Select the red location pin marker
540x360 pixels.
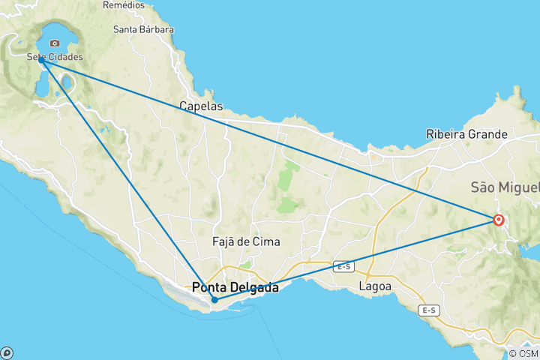498,220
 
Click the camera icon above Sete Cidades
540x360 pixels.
54,43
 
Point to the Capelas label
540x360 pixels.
201,106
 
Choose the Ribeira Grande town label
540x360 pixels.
466,134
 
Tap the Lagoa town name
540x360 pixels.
375,286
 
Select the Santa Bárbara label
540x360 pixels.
143,30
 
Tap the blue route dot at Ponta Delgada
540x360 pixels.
214,300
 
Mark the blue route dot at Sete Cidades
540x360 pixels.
42,60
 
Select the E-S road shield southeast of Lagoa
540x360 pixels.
429,310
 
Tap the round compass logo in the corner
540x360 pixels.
7,352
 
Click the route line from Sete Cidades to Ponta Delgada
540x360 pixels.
127,180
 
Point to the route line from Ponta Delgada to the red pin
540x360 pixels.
356,259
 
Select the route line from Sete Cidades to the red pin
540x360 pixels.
270,139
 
